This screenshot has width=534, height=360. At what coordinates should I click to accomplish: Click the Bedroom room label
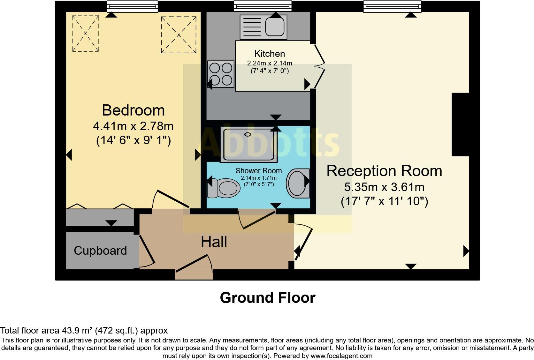tap(133, 110)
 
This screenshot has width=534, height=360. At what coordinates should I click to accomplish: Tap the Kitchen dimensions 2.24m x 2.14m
tap(270, 63)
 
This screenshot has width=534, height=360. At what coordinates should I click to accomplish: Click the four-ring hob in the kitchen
tap(221, 74)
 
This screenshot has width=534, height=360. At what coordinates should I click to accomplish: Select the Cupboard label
tap(100, 251)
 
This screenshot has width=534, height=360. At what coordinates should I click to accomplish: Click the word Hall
tap(214, 242)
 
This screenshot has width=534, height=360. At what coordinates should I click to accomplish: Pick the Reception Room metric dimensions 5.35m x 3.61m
tap(384, 187)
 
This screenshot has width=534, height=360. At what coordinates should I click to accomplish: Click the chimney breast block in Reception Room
tap(460, 124)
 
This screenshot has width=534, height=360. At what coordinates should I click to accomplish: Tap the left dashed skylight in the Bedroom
tap(85, 34)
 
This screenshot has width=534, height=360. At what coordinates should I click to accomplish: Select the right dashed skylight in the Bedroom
tap(179, 35)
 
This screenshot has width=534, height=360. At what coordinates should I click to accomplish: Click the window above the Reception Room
tap(392, 6)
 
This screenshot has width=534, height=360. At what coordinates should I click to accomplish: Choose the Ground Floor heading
tap(267, 298)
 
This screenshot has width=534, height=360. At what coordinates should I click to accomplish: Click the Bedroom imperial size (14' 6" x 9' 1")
tap(133, 140)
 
